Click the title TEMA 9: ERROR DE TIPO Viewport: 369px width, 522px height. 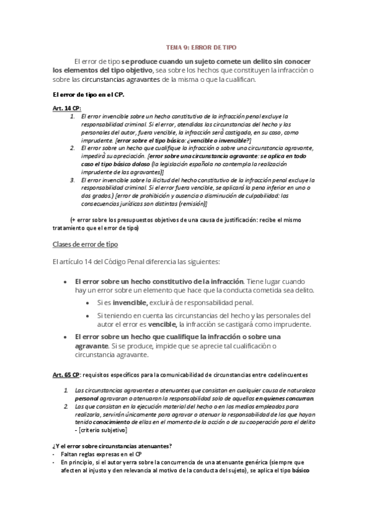tap(201, 47)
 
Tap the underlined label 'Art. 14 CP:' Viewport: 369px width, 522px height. tap(67, 108)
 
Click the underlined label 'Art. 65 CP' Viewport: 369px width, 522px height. tap(66, 374)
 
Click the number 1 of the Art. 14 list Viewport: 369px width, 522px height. tap(72, 116)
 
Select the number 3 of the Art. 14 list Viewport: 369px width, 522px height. tap(72, 179)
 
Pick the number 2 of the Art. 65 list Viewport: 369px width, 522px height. tap(67, 407)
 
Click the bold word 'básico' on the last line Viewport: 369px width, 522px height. tap(301, 470)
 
